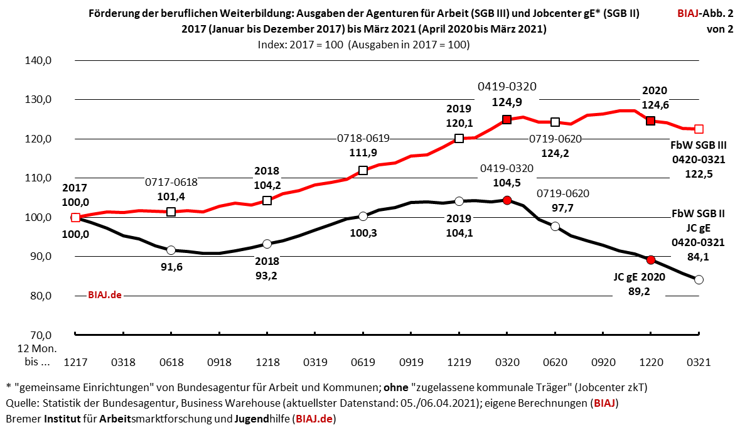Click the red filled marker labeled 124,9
[x=507, y=119]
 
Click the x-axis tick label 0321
[x=699, y=362]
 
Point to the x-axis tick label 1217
[x=75, y=362]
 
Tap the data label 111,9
[x=363, y=152]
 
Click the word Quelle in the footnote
[x=21, y=402]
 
